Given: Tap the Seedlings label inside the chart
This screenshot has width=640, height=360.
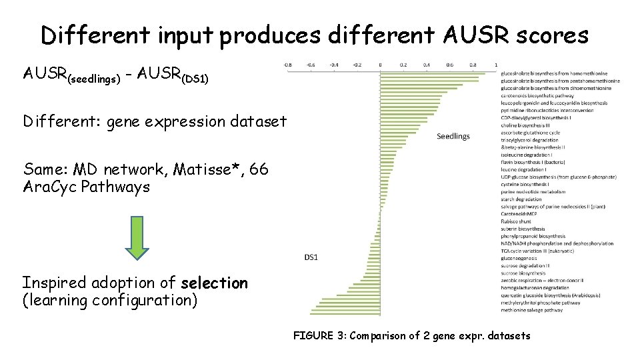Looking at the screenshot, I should pos(453,136).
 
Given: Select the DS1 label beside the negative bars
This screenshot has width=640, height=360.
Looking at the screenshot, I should pos(311,257).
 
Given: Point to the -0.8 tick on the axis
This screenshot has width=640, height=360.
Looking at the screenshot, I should pos(287,65).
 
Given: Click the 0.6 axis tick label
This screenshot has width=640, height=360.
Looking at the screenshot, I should pos(450,65).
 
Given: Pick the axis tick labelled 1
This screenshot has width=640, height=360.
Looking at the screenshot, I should pos(495,65).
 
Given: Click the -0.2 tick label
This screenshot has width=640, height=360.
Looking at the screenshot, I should pos(357,65).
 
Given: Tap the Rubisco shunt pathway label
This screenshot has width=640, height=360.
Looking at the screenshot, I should pos(516,221).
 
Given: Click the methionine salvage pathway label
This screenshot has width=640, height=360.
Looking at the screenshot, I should pos(532,310).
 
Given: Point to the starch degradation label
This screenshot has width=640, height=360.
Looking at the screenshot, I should pos(521,199).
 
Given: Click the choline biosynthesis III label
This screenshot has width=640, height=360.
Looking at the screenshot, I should pos(527,125).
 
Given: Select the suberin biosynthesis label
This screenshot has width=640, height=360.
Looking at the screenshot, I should pos(523,229).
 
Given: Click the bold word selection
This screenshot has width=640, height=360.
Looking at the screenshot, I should pos(214,283).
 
